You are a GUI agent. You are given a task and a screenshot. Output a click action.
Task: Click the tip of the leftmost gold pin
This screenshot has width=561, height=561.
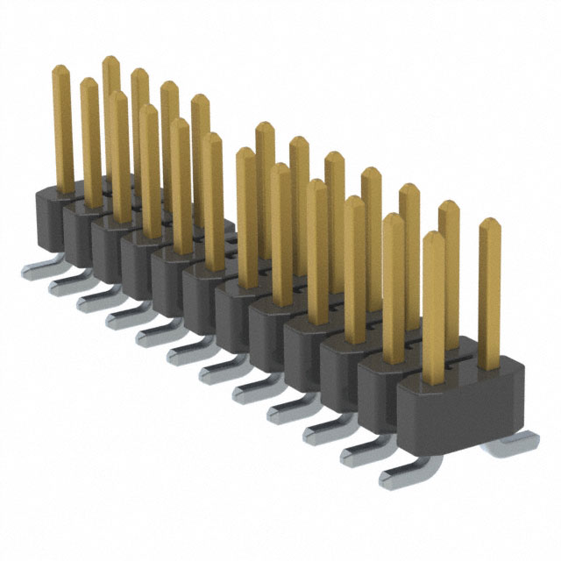point(61,71)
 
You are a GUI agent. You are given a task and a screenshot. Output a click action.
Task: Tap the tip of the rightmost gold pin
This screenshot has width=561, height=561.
point(489,225)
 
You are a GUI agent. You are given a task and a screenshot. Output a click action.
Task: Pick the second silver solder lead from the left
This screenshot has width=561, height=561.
point(66,286)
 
